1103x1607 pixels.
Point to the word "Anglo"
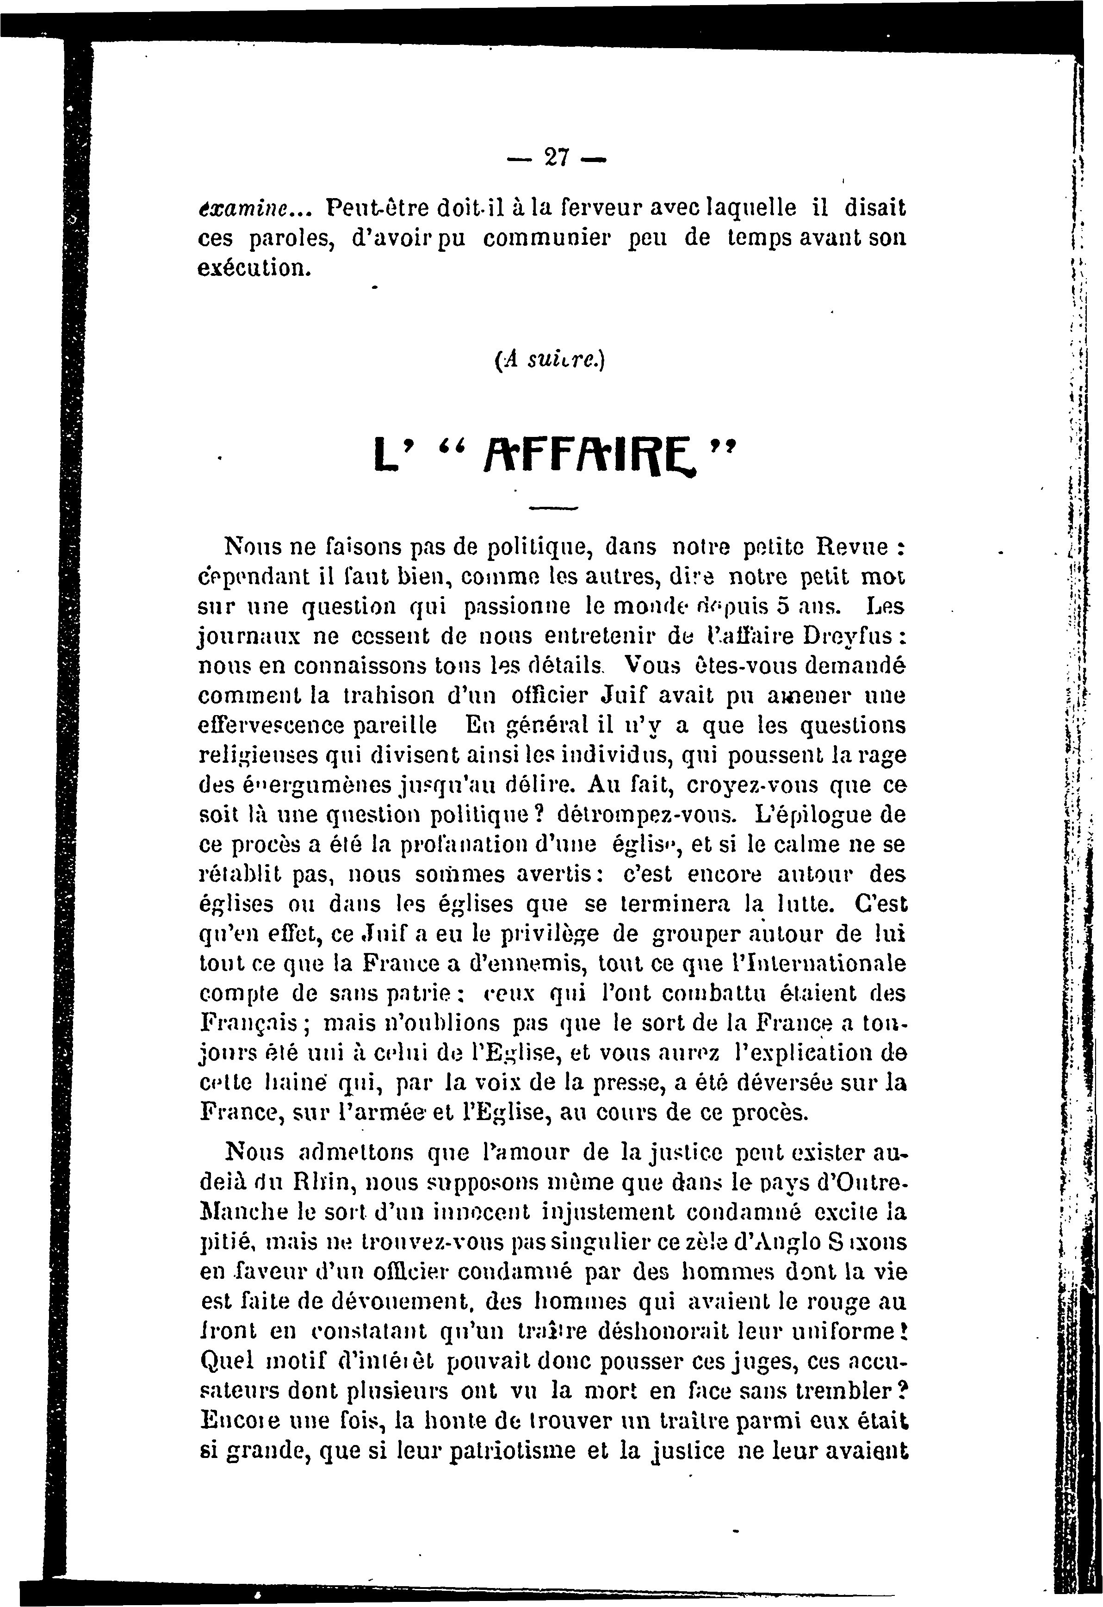(784, 1243)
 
